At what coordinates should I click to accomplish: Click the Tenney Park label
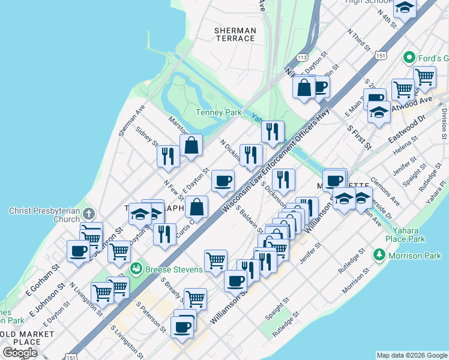click(218, 112)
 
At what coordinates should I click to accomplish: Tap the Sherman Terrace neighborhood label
click(235, 34)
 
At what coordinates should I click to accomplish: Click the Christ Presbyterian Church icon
click(88, 214)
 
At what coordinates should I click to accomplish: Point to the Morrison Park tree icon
click(379, 255)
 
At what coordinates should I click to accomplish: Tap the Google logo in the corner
click(20, 352)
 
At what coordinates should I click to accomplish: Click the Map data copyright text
click(411, 355)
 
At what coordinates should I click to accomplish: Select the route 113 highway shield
click(302, 58)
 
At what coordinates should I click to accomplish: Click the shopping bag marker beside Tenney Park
click(191, 145)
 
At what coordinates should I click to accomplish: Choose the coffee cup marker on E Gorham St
click(78, 251)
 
